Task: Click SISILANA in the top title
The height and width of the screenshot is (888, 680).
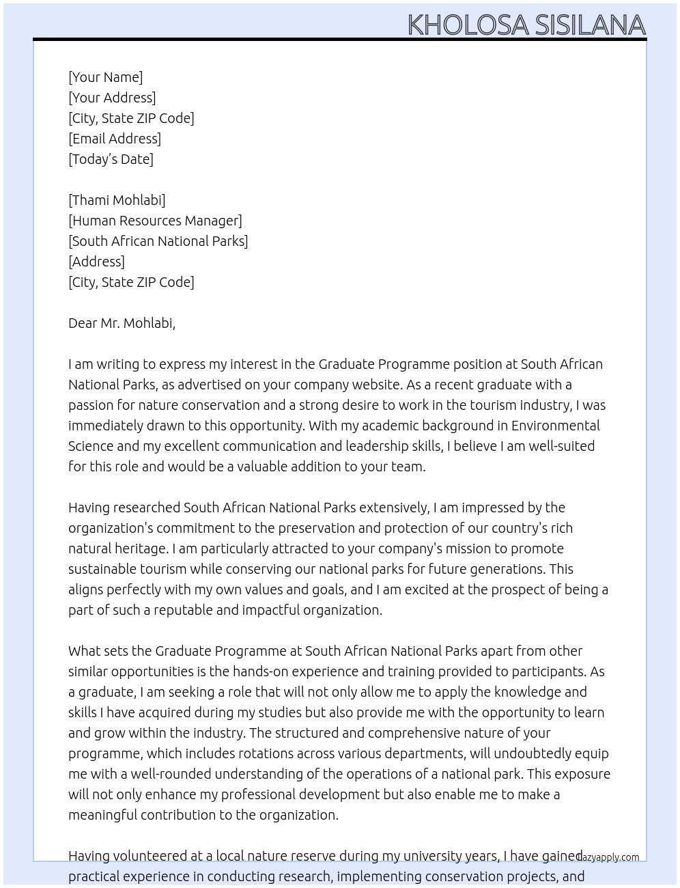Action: coord(590,25)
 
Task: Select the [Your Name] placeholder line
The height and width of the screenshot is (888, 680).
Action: coord(105,77)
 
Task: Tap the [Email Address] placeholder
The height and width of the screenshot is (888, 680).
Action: coord(115,139)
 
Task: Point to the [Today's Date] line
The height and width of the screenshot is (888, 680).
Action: coord(111,159)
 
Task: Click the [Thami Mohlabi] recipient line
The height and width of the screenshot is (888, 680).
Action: coord(117,200)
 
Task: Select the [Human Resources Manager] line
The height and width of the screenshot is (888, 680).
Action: coord(155,221)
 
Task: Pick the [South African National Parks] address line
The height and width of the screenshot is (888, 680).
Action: coord(158,241)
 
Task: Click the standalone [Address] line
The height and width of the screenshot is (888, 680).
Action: coord(96,262)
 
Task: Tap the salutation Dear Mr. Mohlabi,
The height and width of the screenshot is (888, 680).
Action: coord(122,323)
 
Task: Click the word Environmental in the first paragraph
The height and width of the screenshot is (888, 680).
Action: coord(555,426)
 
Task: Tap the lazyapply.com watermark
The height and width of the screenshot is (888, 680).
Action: coord(608,857)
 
